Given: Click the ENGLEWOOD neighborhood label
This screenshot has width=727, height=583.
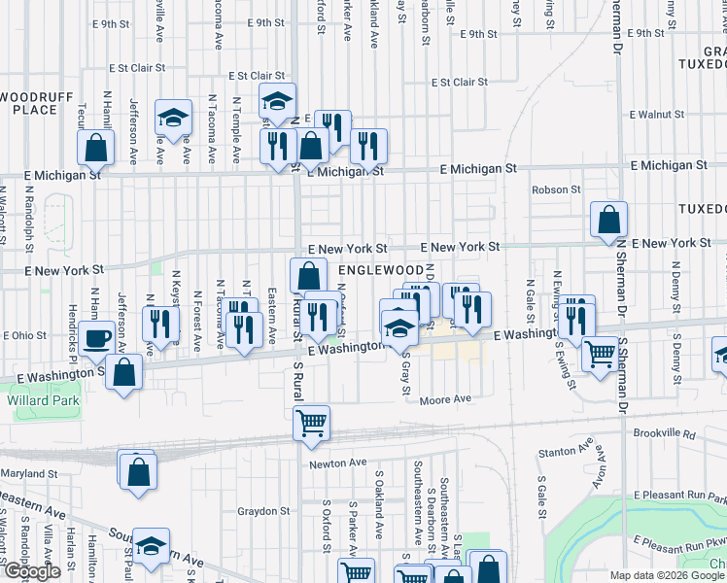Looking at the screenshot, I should click(381, 269).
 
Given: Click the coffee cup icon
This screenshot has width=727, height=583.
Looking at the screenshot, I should click(96, 339).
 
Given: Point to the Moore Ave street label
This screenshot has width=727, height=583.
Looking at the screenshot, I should click(445, 399).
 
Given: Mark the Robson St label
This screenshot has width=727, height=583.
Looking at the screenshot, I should click(555, 190).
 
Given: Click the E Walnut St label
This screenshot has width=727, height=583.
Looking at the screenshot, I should click(658, 114).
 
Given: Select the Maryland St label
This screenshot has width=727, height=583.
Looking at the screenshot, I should click(29, 473).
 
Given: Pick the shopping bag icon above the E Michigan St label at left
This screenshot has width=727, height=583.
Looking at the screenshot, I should click(95, 149).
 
